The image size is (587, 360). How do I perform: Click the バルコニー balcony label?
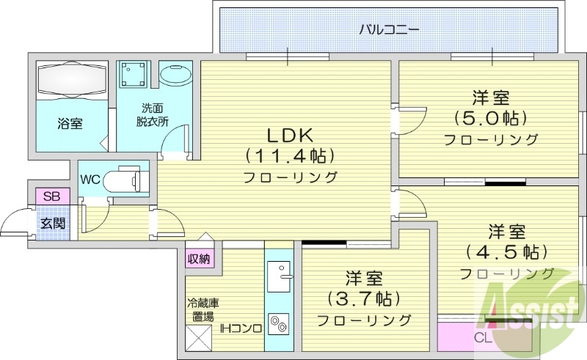[389, 31]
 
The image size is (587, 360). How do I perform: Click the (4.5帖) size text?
[506, 252]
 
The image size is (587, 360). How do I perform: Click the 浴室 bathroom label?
[70, 124]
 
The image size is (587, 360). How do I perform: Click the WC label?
[90, 180]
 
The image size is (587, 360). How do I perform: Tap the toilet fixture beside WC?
[125, 179]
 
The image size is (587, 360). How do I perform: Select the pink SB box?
[51, 196]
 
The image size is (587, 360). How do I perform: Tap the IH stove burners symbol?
[279, 323]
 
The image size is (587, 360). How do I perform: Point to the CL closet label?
[482, 338]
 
